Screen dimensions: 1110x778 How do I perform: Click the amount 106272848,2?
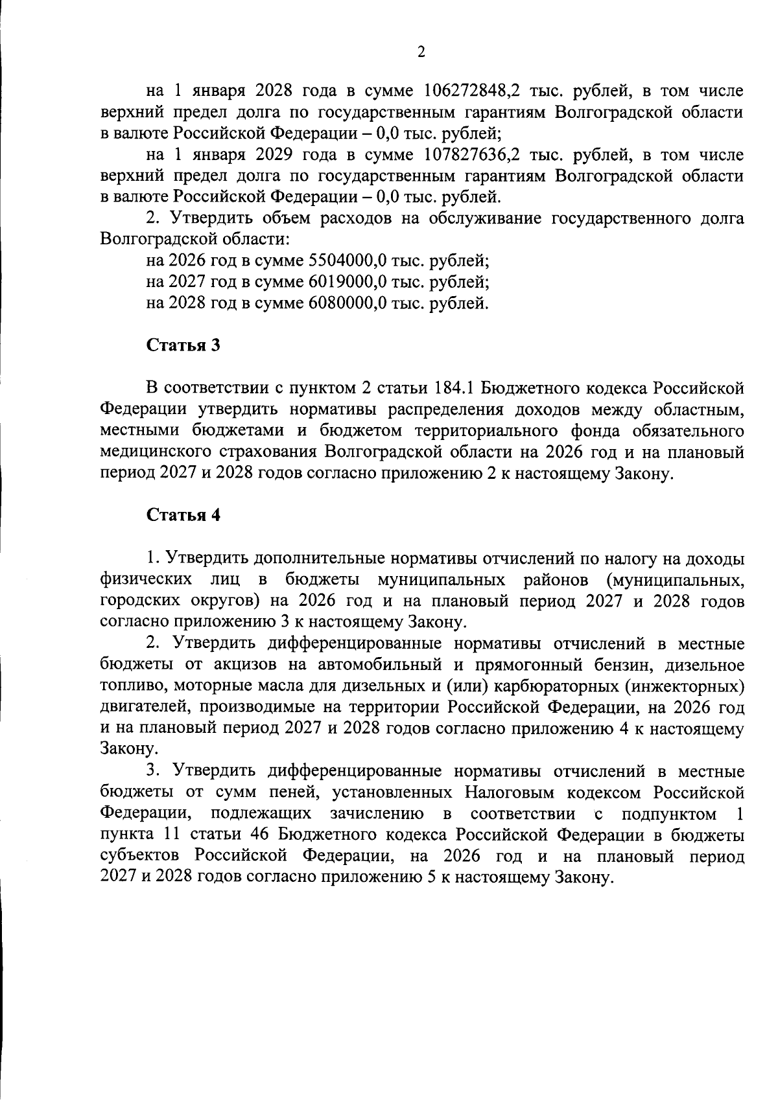[473, 91]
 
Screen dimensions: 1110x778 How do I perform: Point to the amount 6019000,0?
[348, 282]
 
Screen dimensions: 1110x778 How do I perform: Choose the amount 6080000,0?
[348, 303]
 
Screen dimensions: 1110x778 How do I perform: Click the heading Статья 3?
[183, 345]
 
